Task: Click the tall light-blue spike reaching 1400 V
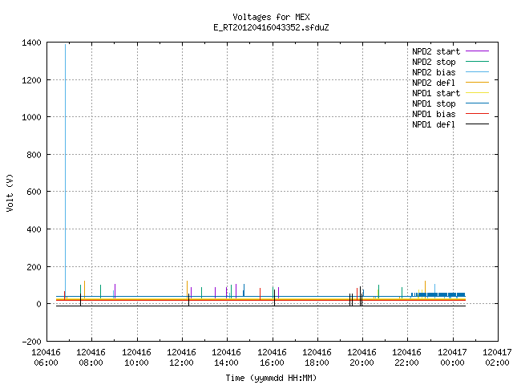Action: pyautogui.click(x=65, y=170)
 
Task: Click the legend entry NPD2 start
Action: pyautogui.click(x=436, y=51)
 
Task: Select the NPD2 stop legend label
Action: pyautogui.click(x=434, y=62)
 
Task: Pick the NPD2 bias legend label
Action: pyautogui.click(x=434, y=72)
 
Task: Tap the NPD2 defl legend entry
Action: pyautogui.click(x=434, y=83)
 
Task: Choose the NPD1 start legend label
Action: pyautogui.click(x=436, y=93)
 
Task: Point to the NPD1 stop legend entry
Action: pyautogui.click(x=434, y=103)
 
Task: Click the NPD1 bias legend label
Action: pyautogui.click(x=434, y=114)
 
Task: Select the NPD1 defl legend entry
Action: pyautogui.click(x=434, y=124)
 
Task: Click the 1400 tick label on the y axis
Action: pyautogui.click(x=31, y=43)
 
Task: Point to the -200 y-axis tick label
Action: pyautogui.click(x=31, y=342)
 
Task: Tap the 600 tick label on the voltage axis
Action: pyautogui.click(x=34, y=192)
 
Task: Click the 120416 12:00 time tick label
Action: pyautogui.click(x=182, y=357)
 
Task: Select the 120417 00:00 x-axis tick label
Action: pyautogui.click(x=452, y=357)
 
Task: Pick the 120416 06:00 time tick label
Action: pyautogui.click(x=46, y=357)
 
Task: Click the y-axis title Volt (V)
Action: pyautogui.click(x=10, y=192)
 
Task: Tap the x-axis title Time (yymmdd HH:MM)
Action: pyautogui.click(x=271, y=378)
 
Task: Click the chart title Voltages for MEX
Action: pyautogui.click(x=271, y=17)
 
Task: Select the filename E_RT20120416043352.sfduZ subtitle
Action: pyautogui.click(x=271, y=27)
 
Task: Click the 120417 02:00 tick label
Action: pyautogui.click(x=497, y=357)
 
